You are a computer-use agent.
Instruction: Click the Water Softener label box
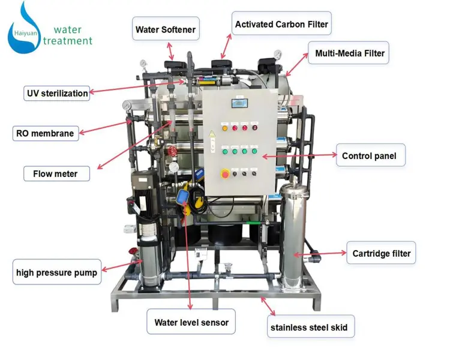[x=166, y=29]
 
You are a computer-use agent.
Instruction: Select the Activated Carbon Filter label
[x=281, y=23]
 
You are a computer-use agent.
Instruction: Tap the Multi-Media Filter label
[x=349, y=53]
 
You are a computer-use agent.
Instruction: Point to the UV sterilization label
[x=57, y=94]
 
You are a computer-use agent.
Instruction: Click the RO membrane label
[x=46, y=133]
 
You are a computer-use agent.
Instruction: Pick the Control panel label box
[x=371, y=155]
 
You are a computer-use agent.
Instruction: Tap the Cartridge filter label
[x=381, y=253]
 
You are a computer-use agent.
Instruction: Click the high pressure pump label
[x=57, y=272]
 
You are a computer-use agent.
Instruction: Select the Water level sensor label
[x=191, y=322]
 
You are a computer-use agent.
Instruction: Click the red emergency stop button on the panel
[x=225, y=173]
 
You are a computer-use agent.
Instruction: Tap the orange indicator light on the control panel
[x=225, y=128]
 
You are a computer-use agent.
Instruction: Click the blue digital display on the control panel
[x=239, y=103]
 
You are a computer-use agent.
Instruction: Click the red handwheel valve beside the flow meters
[x=172, y=151]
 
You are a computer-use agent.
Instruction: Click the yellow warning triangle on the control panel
[x=212, y=134]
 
